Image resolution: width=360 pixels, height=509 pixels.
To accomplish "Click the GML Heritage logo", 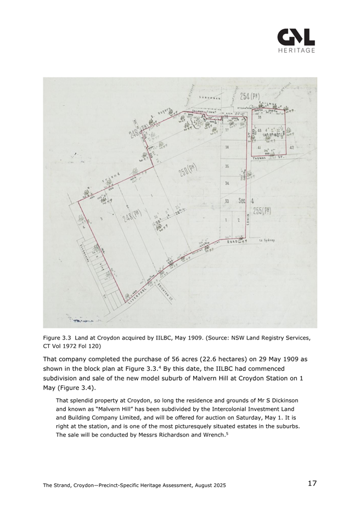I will click(296, 40).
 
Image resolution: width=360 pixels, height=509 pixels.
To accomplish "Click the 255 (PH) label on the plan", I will click(262, 211).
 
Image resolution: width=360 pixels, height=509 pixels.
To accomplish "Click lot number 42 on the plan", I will click(291, 148).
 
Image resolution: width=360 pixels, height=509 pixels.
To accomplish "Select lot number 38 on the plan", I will click(227, 147).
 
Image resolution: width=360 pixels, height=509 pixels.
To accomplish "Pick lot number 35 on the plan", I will click(227, 166).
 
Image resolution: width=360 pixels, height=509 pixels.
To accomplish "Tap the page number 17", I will click(312, 483).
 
